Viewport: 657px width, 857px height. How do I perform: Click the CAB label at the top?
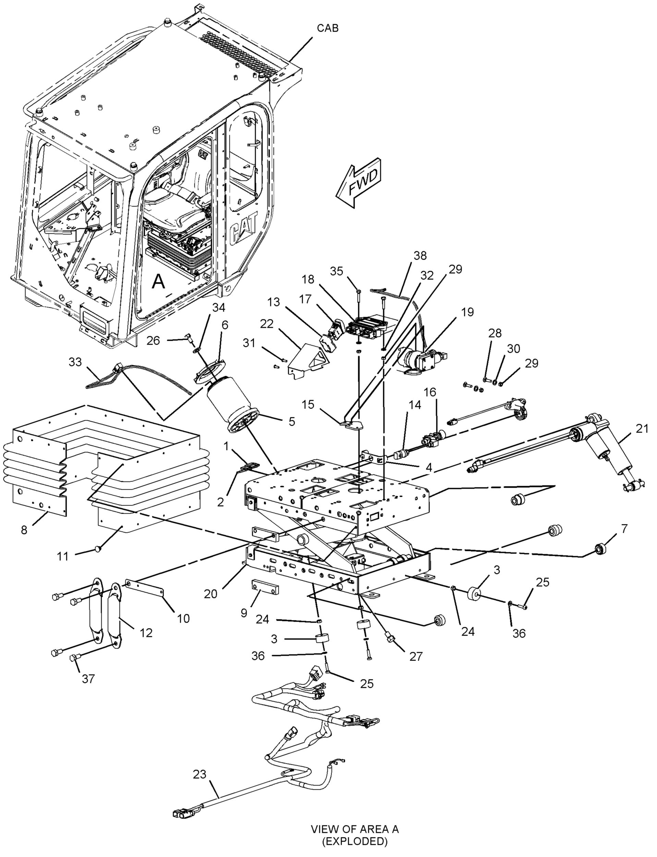point(327,28)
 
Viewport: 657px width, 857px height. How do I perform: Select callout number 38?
point(420,255)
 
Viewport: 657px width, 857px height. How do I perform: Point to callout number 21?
point(642,429)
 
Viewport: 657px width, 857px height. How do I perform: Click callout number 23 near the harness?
point(200,774)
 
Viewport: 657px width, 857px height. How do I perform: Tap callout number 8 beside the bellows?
point(24,530)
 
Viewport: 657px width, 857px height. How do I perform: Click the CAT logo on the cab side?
point(243,233)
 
